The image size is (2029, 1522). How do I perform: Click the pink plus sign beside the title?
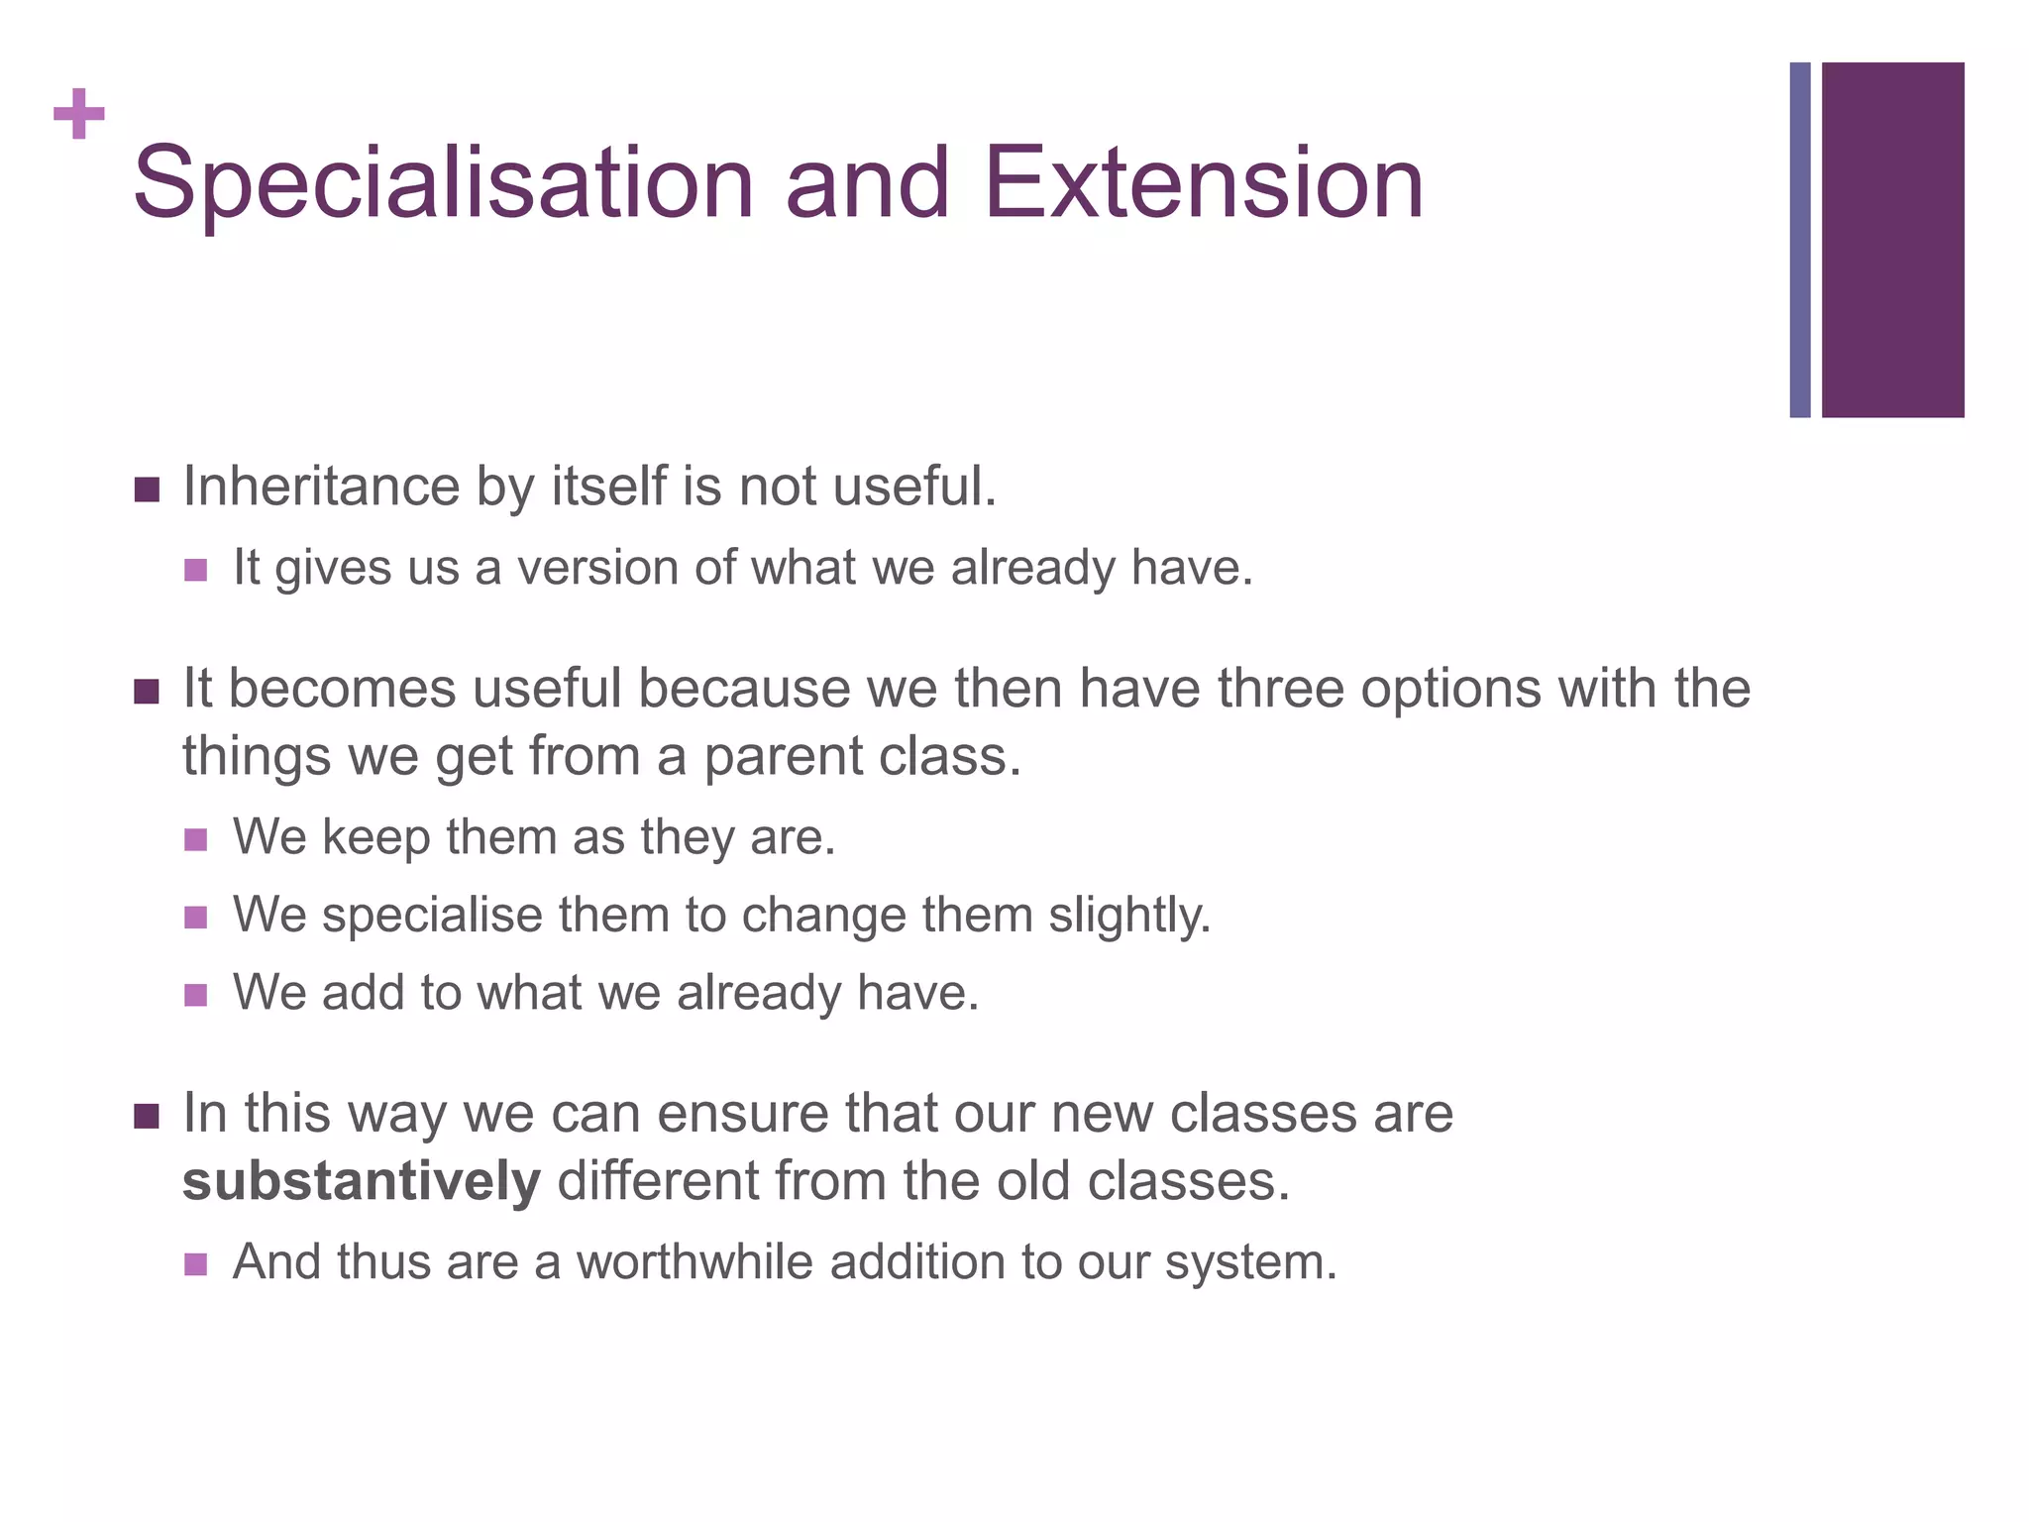[79, 114]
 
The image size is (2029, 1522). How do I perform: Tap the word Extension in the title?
[1203, 183]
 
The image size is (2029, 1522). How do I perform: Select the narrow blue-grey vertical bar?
[1799, 240]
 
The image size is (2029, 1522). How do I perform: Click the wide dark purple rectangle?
[1892, 240]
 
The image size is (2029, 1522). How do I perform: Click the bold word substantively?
[362, 1181]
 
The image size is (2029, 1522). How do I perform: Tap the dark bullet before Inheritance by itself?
[147, 489]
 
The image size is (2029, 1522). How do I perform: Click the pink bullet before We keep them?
[196, 840]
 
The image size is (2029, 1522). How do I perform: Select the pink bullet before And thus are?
[196, 1264]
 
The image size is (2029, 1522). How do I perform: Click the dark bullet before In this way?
[147, 1117]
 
